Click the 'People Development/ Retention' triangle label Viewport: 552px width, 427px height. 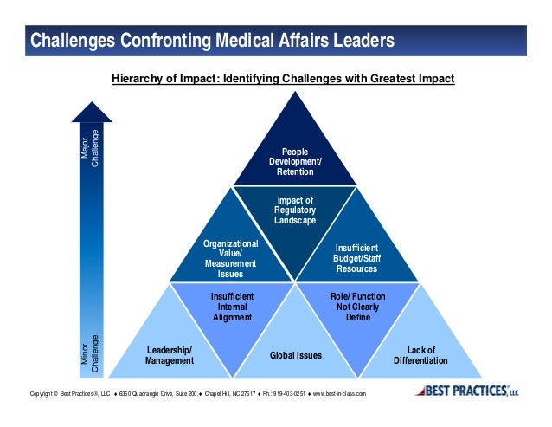(295, 162)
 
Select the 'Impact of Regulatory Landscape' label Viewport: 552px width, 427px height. (295, 210)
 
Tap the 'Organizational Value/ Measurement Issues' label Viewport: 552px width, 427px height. (230, 259)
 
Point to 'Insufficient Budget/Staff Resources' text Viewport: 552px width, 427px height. (356, 258)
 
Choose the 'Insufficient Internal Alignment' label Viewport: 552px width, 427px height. (232, 307)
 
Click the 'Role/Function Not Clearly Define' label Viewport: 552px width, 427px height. (357, 307)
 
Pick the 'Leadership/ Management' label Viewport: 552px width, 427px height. (169, 355)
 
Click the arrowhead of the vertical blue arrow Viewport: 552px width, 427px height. (92, 112)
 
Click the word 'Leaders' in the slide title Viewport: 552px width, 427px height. (361, 41)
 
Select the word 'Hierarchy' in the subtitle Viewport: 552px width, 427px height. (138, 80)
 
